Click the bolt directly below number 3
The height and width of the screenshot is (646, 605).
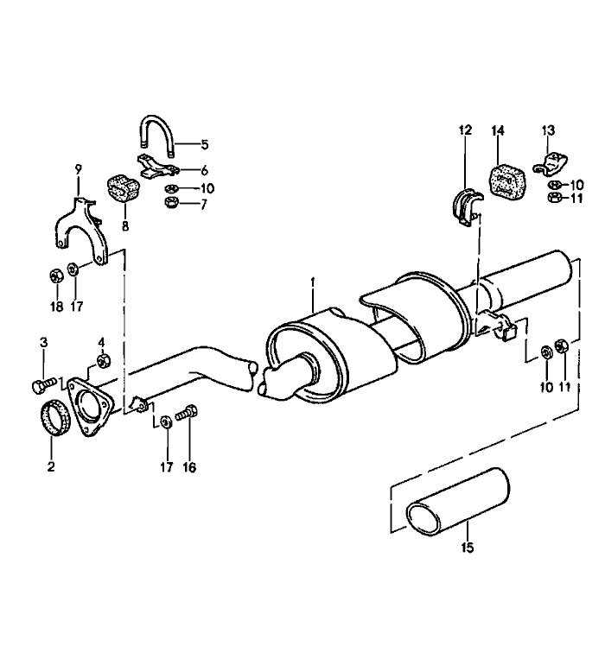pos(43,382)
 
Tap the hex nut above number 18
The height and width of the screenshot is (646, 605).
pos(53,276)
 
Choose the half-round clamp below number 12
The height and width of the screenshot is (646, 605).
pos(468,208)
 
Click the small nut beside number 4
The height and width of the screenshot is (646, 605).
pos(103,359)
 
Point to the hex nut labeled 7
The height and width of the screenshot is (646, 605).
pos(171,204)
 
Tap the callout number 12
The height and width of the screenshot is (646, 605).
pos(466,130)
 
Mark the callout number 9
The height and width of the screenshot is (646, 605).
pos(78,169)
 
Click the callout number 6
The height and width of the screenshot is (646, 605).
pos(205,171)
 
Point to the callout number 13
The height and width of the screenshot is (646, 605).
pos(547,130)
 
